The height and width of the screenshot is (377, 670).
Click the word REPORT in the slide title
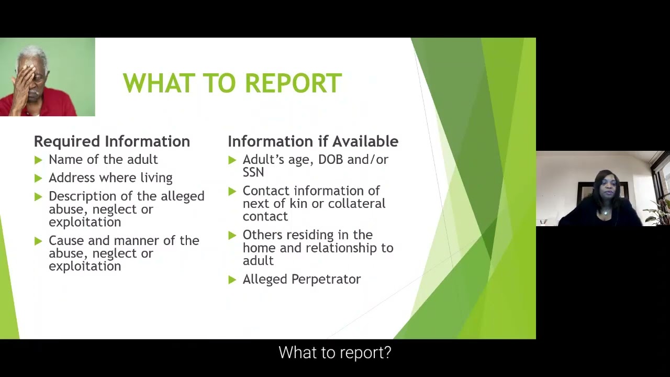(293, 84)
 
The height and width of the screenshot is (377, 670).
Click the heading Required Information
(111, 141)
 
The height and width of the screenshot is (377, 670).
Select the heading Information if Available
(312, 141)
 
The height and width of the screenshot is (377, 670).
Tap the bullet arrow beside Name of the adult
(38, 160)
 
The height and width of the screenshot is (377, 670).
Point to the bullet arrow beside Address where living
(38, 178)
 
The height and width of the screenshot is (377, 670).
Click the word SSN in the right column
(253, 172)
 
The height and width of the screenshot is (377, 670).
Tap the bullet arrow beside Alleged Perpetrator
(232, 280)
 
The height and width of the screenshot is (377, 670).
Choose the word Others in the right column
(262, 235)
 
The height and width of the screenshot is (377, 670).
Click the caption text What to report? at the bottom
(334, 352)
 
